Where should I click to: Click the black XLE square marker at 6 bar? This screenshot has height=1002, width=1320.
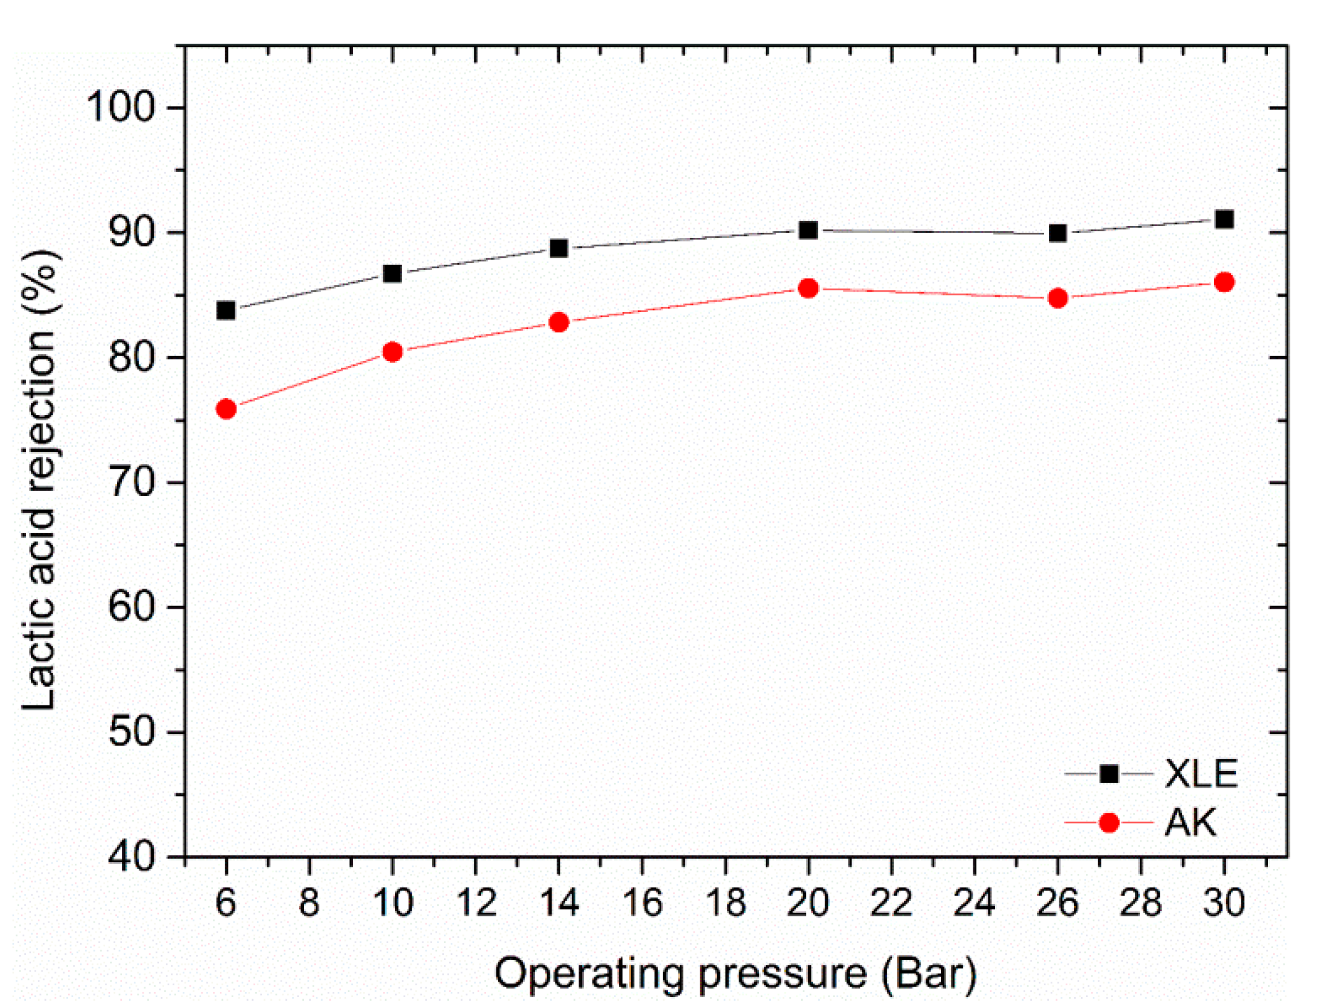point(226,310)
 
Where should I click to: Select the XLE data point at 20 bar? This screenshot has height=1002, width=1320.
point(808,230)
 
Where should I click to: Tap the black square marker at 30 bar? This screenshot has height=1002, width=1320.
point(1224,219)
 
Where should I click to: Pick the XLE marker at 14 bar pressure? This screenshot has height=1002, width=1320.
point(559,248)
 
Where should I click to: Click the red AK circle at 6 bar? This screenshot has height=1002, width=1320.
point(226,409)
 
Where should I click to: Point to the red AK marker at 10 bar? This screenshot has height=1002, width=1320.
point(393,352)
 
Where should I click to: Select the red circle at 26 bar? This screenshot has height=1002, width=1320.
point(1058,298)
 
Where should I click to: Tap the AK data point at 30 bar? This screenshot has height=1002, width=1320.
point(1224,282)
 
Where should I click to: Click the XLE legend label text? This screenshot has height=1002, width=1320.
point(1201,773)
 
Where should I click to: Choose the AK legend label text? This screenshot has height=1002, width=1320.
point(1191,823)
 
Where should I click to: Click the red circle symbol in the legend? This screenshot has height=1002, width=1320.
point(1109,823)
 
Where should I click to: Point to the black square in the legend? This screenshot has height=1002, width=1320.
point(1109,773)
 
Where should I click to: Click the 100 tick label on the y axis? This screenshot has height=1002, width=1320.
point(120,107)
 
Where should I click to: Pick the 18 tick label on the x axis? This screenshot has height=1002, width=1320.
point(726,903)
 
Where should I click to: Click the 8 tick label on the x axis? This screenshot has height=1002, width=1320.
point(309,903)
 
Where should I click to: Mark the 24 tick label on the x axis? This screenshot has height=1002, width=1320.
point(975,903)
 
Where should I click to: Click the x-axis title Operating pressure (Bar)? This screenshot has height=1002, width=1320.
point(736,973)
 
